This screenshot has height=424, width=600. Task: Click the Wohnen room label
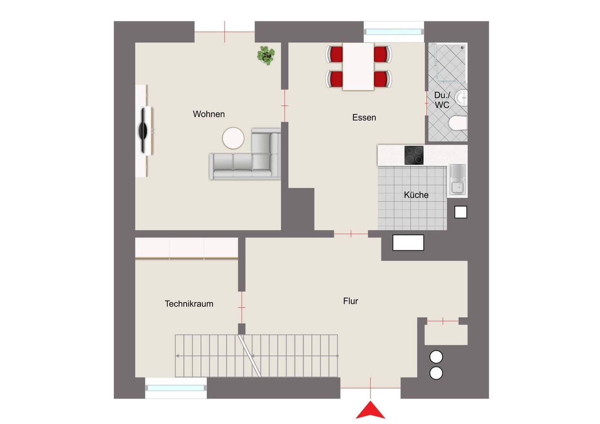(209, 114)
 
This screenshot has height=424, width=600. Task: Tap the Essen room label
(364, 117)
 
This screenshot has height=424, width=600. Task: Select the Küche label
(416, 195)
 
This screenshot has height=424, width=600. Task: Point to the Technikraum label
(189, 304)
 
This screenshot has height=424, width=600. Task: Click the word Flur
(350, 301)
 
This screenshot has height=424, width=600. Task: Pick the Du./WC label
(442, 100)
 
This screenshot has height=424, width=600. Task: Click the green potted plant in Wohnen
(266, 55)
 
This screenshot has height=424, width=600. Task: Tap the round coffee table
(233, 138)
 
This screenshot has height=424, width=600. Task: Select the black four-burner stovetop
(414, 155)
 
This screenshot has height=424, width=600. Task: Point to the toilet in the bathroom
(458, 123)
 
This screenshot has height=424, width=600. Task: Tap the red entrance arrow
(370, 410)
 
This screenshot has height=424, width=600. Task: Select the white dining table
(358, 67)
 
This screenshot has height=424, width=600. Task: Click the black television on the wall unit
(144, 130)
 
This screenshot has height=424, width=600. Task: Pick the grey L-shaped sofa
(245, 154)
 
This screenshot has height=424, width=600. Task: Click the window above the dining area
(393, 32)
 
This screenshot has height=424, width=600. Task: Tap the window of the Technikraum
(176, 388)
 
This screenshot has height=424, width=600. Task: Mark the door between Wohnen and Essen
(285, 106)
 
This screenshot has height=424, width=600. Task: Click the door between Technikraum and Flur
(242, 307)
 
